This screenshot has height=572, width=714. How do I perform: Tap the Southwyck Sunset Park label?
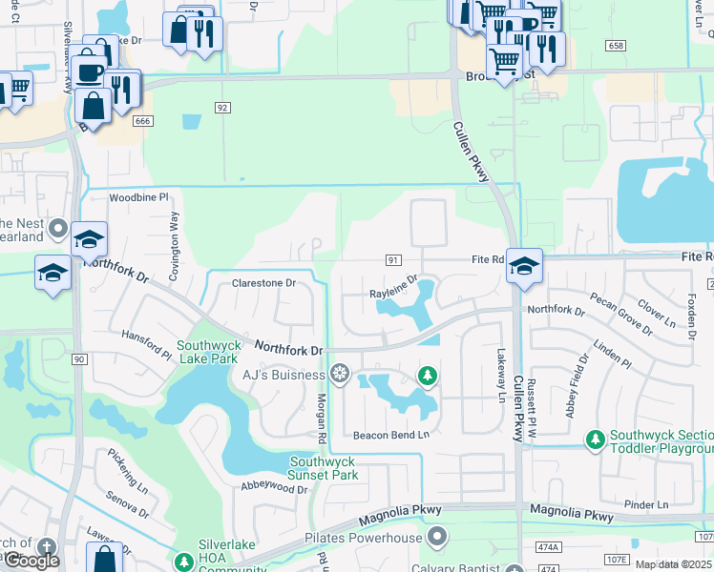324,468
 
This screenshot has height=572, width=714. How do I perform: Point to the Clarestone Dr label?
264,283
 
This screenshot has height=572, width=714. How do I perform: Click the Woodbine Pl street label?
137,197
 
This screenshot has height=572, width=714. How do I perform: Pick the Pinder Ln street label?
648,504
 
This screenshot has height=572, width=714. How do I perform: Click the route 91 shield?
392,259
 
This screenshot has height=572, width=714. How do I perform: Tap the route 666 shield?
143,120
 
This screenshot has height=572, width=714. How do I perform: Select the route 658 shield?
615,46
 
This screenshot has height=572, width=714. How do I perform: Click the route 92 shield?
222,108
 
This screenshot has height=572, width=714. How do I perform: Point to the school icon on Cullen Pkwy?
524,266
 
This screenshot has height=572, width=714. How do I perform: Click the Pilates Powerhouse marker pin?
437,538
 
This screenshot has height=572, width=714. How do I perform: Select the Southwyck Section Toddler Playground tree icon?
596,439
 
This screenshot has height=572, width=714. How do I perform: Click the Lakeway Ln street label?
498,364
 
